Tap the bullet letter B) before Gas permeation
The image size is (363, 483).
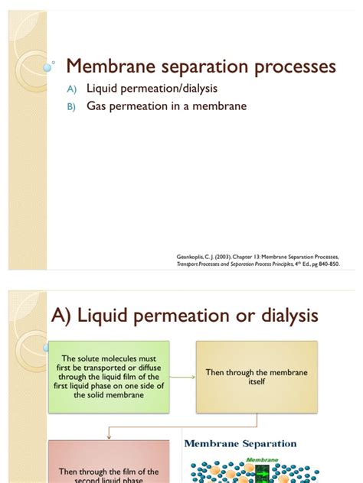(72, 107)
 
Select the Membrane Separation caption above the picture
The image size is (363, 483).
(240, 443)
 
